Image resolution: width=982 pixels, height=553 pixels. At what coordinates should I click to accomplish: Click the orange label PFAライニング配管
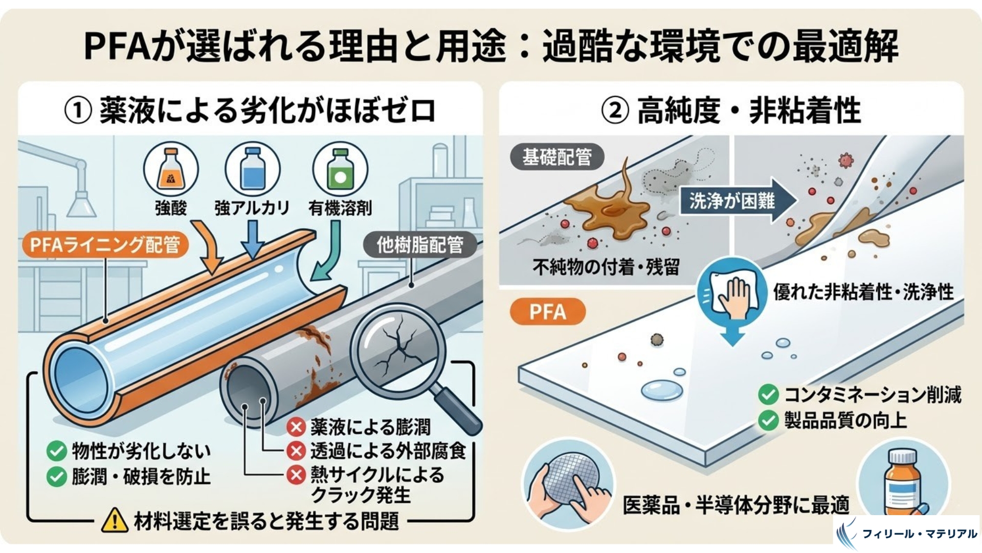tap(105, 245)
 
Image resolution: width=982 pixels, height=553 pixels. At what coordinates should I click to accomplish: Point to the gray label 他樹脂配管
tap(420, 245)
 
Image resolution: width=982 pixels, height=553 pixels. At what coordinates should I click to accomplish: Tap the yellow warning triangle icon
tap(115, 520)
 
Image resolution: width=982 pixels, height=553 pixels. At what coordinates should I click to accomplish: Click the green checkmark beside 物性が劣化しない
tap(56, 451)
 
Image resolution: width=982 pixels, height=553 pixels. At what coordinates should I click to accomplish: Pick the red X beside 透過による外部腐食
tap(296, 451)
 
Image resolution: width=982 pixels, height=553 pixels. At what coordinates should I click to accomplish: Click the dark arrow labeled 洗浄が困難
tap(736, 200)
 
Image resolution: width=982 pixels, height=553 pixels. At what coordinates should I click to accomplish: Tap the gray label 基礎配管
tap(557, 157)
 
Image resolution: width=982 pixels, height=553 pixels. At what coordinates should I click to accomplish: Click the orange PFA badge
tap(547, 311)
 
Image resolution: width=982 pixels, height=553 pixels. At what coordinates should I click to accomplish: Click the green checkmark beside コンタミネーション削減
tap(768, 395)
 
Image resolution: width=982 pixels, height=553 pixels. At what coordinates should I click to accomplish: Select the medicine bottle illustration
tap(902, 481)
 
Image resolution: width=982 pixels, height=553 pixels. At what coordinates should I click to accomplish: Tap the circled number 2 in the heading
tap(615, 111)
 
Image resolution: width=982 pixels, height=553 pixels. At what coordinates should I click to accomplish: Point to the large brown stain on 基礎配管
tap(609, 205)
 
